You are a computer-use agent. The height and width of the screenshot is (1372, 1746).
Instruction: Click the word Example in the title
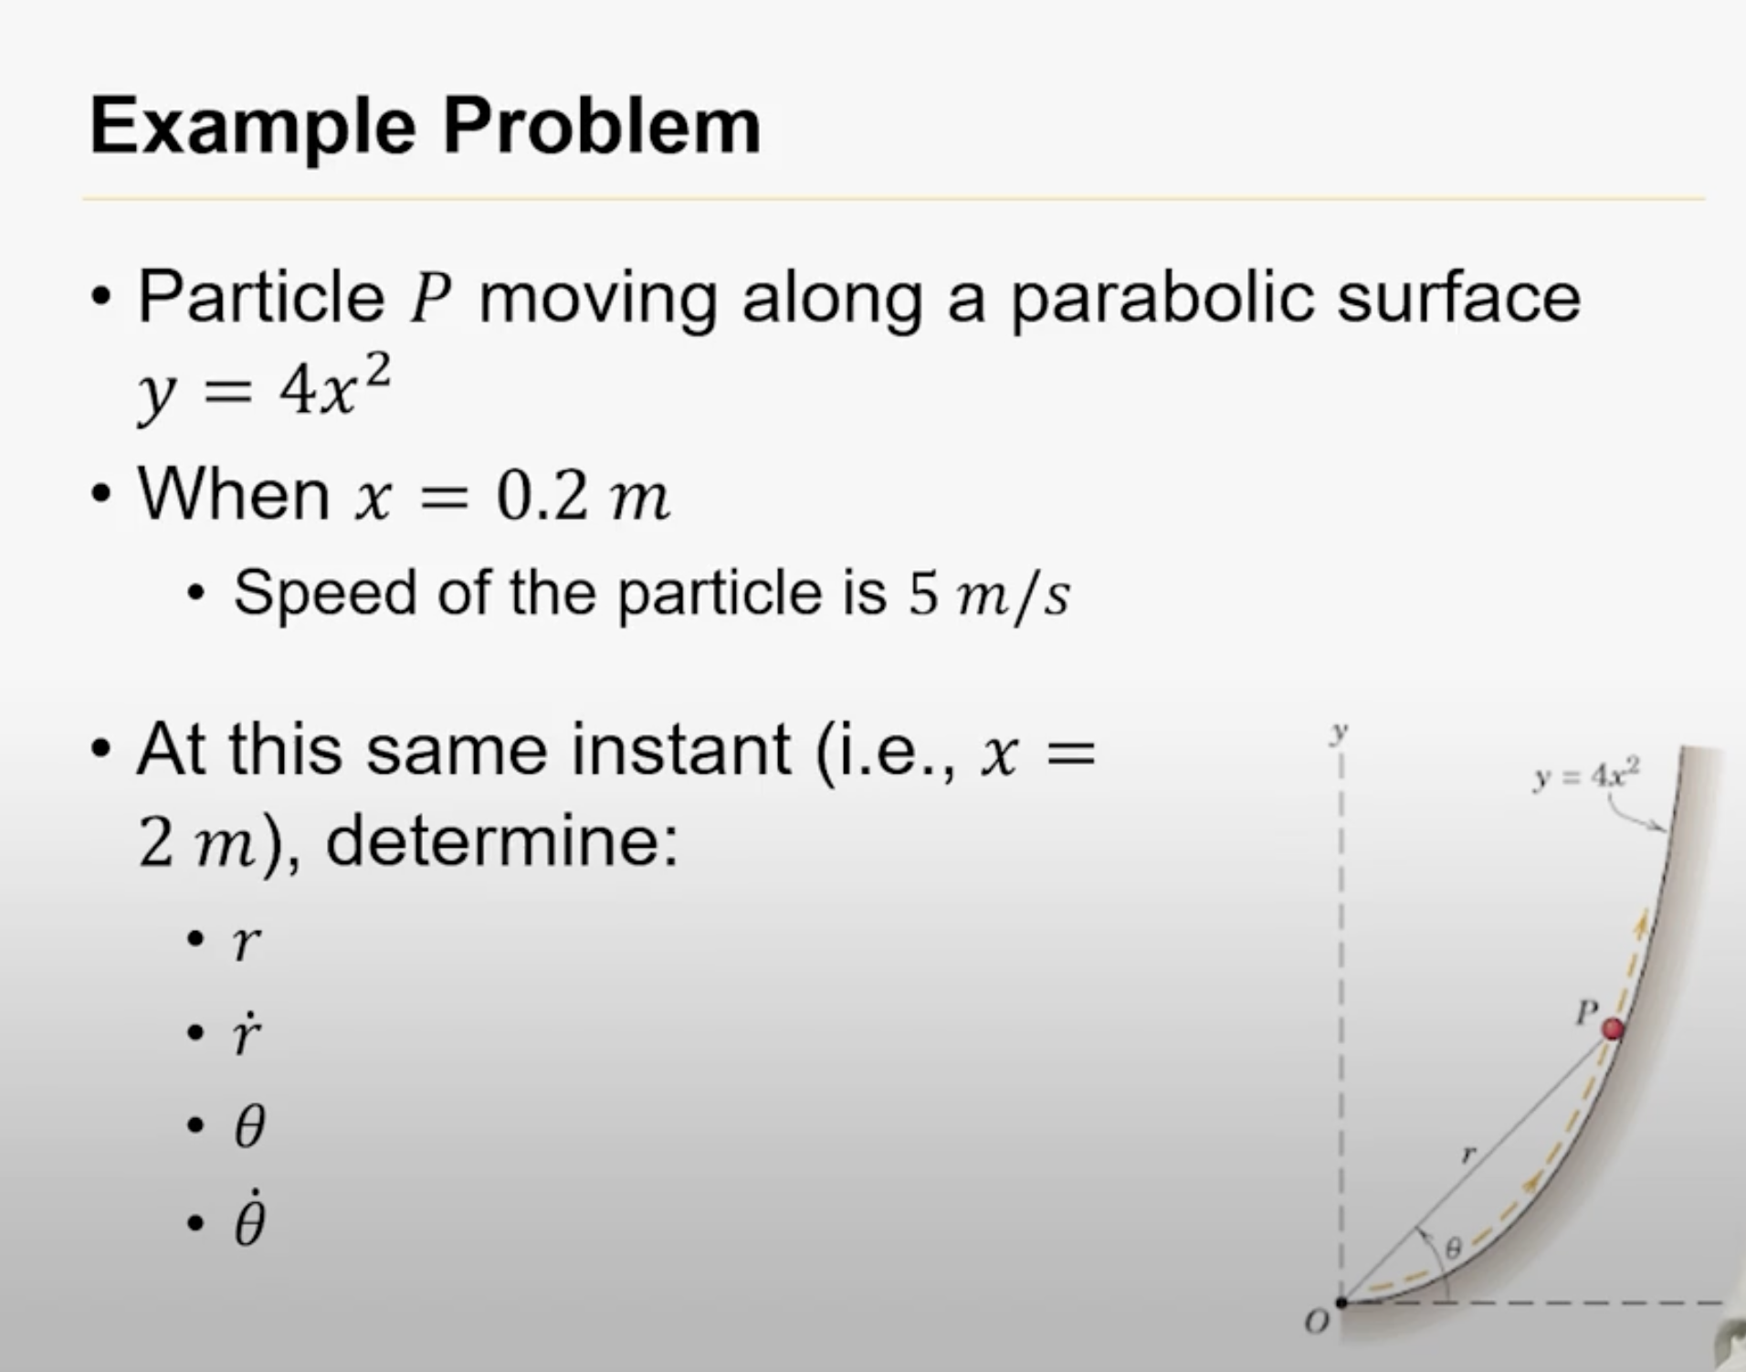tap(252, 128)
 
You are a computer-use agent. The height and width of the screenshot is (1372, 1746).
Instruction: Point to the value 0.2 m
tap(583, 498)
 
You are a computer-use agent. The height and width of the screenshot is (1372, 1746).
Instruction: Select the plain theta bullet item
tap(249, 1126)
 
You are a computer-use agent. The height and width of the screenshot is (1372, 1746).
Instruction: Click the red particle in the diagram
tap(1614, 1029)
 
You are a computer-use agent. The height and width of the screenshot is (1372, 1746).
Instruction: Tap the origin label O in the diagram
tap(1316, 1322)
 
